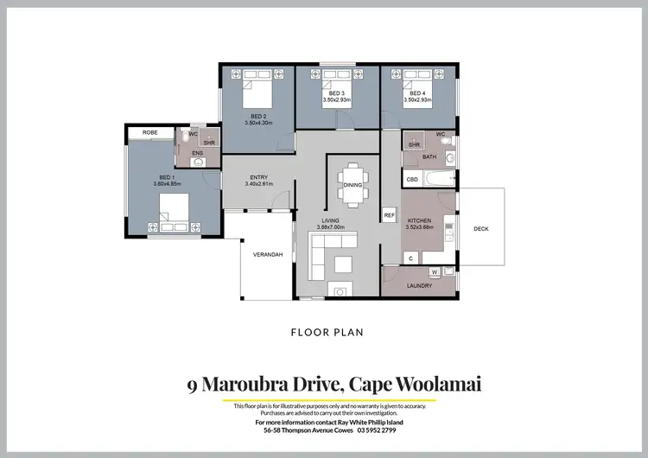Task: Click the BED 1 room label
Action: (x=168, y=176)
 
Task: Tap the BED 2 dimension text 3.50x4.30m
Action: (x=258, y=123)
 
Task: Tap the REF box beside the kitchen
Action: (x=389, y=214)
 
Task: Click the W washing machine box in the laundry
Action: (x=435, y=271)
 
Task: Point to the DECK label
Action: (x=481, y=229)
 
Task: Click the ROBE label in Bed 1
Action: (x=150, y=133)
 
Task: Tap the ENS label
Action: (x=197, y=153)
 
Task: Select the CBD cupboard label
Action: (x=412, y=180)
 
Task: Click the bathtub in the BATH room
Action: (x=439, y=179)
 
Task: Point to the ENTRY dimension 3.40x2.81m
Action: (x=259, y=184)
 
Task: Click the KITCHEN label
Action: (x=420, y=220)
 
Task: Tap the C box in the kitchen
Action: (x=411, y=258)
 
